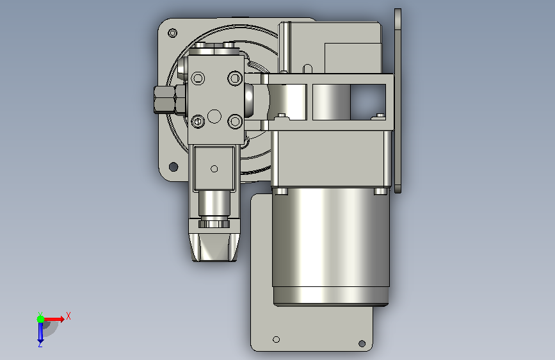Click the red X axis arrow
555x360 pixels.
[53, 319]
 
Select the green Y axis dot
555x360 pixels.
[40, 319]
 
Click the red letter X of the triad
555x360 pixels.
[68, 316]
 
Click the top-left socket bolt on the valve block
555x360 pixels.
[198, 78]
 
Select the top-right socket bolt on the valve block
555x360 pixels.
[235, 78]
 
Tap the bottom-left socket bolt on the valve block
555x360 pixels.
[198, 122]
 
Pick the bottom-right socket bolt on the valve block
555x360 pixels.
[235, 122]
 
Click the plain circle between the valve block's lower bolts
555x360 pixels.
[214, 116]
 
